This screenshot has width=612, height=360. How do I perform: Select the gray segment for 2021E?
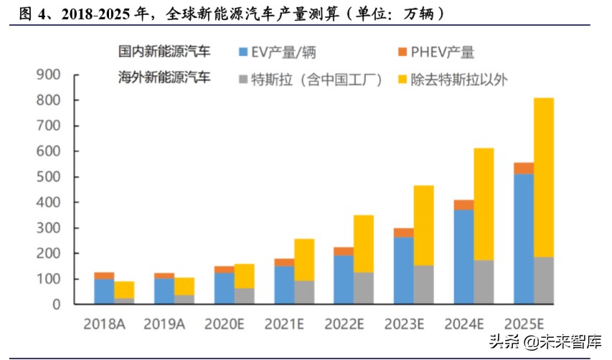tap(304, 292)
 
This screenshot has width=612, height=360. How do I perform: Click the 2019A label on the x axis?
tap(164, 323)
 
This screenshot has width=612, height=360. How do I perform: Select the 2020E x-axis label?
tap(224, 323)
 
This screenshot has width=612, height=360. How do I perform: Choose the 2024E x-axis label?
tap(463, 323)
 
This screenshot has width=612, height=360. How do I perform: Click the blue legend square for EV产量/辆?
tap(242, 52)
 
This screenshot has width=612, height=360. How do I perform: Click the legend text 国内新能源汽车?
tap(164, 52)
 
